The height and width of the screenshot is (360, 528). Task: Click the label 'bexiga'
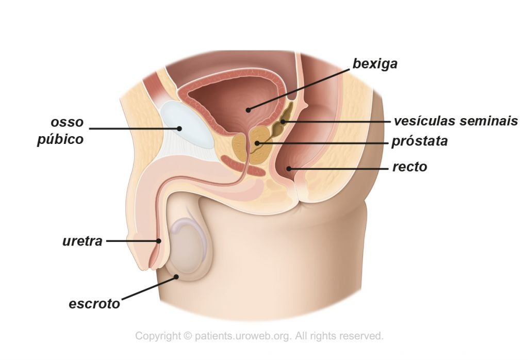(375, 63)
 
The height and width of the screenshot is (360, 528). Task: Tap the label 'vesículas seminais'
(456, 121)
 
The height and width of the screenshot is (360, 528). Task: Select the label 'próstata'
(420, 141)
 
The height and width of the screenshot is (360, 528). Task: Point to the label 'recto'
(410, 167)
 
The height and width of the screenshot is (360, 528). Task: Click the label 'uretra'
(82, 241)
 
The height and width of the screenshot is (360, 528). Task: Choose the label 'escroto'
(94, 304)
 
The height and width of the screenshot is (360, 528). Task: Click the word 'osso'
(67, 122)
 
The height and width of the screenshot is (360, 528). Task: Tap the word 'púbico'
(60, 139)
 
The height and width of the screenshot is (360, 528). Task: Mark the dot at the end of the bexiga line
(248, 110)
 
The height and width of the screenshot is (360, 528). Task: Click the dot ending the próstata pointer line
(257, 143)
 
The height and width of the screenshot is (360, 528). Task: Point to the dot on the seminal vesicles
(283, 121)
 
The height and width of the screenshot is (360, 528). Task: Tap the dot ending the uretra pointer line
(158, 241)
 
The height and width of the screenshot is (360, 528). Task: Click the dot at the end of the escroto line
(176, 277)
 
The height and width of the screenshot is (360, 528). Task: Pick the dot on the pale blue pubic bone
(179, 128)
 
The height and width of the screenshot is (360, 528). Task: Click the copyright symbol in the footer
(187, 336)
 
